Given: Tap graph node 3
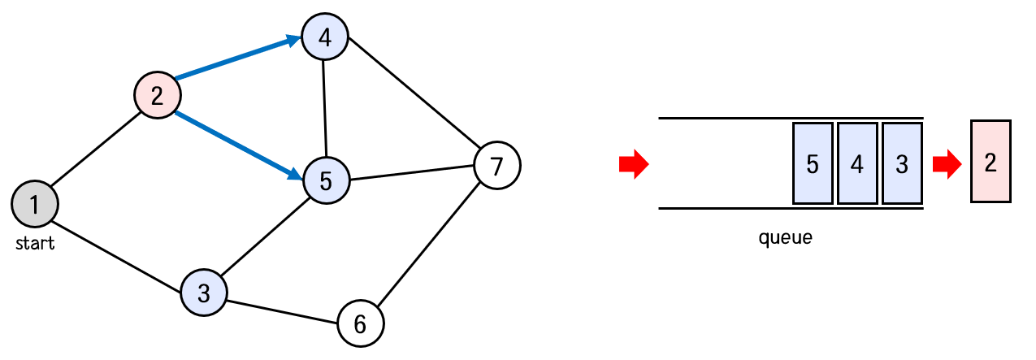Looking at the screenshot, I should click(204, 293).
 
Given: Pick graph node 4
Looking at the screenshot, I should click(325, 37).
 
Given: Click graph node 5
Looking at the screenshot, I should click(326, 180).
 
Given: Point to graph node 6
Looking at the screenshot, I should click(361, 323).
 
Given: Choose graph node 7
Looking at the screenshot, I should click(497, 166).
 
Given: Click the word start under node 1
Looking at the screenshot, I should click(35, 243).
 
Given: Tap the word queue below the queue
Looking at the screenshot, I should click(785, 239).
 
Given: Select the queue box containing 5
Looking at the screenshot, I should click(813, 163).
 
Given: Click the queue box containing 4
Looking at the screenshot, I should click(857, 163).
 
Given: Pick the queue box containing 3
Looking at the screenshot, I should click(902, 163).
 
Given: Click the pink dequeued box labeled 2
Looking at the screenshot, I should click(990, 162).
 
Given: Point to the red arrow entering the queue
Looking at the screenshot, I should click(634, 164).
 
